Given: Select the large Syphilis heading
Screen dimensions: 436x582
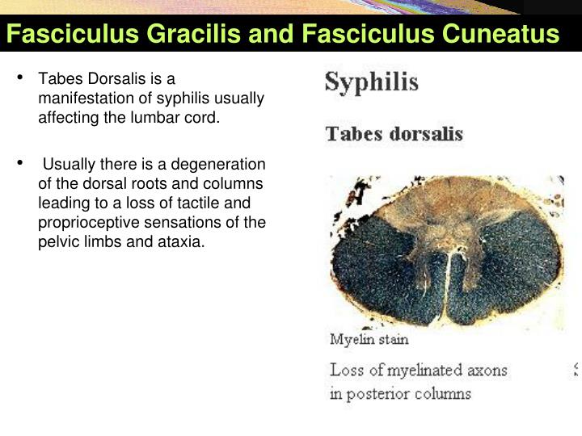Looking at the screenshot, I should (x=371, y=82).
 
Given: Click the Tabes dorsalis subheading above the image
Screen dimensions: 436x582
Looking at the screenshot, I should (x=394, y=134).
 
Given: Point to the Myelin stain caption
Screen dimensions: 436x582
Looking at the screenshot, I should (x=369, y=339).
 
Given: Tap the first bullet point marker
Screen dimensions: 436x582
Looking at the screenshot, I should (x=21, y=79).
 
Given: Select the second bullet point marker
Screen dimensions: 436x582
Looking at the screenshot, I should (x=21, y=165).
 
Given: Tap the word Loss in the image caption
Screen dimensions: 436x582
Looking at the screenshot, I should (x=346, y=371).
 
